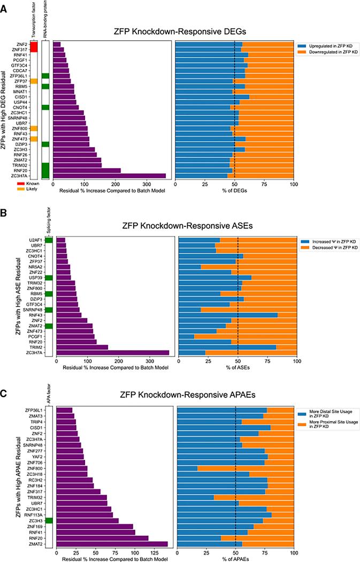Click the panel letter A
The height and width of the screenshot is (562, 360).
click(4, 5)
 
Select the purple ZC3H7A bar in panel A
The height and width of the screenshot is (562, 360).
click(109, 175)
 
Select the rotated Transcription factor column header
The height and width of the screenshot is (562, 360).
click(33, 19)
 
